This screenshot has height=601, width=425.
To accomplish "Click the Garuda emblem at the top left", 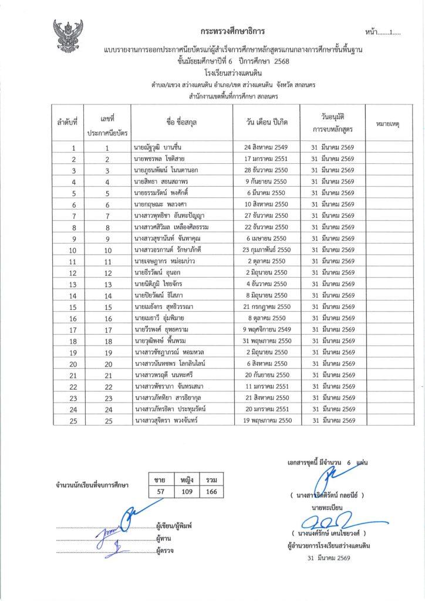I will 68,37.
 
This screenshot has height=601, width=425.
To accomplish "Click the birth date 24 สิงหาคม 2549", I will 267,148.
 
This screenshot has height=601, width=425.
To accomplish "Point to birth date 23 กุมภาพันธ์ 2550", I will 267,249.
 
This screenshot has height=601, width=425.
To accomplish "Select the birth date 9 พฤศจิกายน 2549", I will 267,329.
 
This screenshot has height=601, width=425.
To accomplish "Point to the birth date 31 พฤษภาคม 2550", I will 267,340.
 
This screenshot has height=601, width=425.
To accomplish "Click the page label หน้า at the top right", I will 371,31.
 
